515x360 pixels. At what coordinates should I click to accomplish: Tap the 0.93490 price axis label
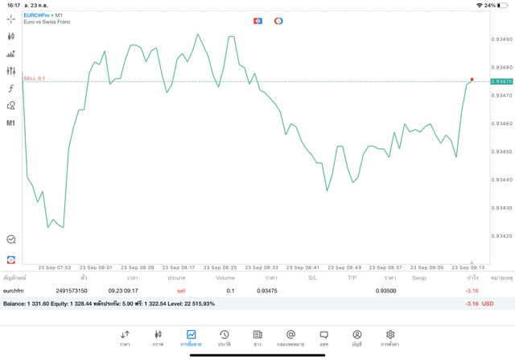(501, 39)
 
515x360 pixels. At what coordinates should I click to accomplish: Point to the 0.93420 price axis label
(501, 236)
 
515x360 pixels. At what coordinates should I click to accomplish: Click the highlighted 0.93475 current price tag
(501, 81)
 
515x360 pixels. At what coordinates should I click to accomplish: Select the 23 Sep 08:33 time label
(262, 267)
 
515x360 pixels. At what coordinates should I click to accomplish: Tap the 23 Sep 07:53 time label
(55, 267)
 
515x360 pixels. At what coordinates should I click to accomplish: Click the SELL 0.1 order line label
(35, 78)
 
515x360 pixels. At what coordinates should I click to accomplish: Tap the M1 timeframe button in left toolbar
(11, 123)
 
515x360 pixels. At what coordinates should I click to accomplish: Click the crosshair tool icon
(11, 19)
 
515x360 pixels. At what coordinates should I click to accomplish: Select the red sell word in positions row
(181, 291)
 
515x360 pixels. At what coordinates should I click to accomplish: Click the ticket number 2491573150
(72, 291)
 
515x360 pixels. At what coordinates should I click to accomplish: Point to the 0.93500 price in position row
(386, 291)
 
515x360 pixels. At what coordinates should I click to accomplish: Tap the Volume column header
(225, 278)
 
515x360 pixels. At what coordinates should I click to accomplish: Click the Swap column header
(419, 278)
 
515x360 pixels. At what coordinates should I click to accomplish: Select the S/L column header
(312, 278)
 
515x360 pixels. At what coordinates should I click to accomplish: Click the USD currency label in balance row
(487, 304)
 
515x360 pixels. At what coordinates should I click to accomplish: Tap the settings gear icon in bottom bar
(390, 337)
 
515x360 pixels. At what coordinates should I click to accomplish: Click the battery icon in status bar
(505, 5)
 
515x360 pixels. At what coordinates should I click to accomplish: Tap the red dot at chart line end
(472, 80)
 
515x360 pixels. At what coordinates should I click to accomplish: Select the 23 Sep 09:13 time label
(468, 267)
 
